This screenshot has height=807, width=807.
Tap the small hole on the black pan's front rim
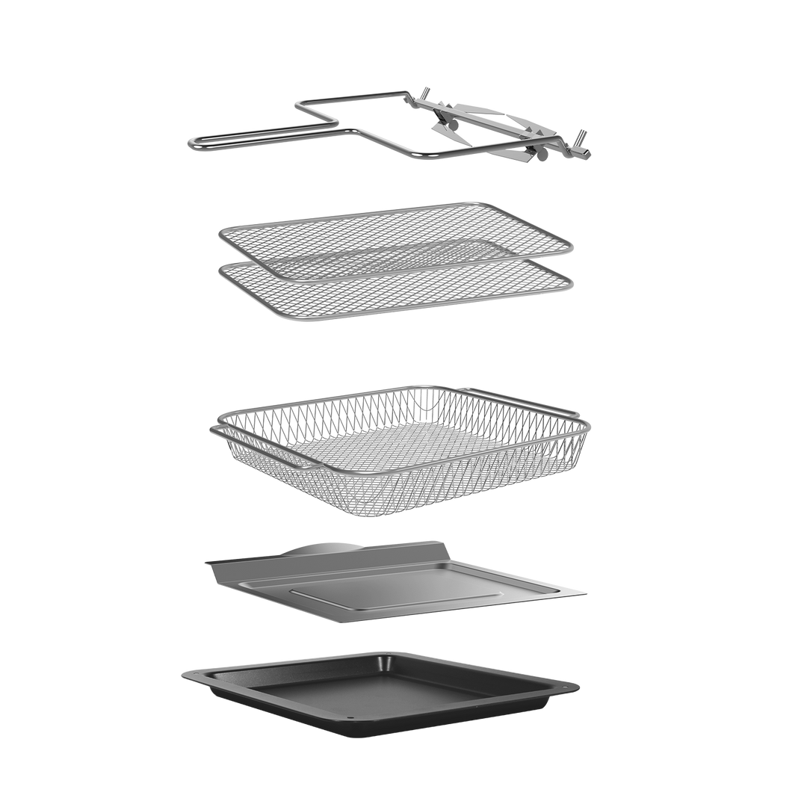353,723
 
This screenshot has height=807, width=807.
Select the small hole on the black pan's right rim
570,685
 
